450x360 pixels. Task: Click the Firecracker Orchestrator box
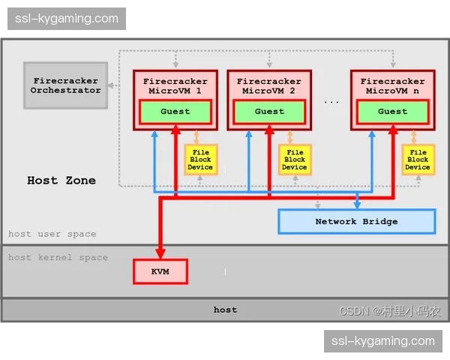coord(66,85)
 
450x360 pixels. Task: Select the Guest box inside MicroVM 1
coord(175,112)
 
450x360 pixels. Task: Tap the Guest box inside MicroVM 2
coord(269,112)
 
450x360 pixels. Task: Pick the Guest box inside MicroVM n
coord(392,112)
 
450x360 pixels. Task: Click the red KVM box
coord(160,271)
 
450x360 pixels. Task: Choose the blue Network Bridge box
coord(356,221)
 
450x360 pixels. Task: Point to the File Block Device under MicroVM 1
coord(200,160)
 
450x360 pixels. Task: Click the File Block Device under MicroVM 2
coord(295,160)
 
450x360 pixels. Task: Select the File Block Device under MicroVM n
coord(418,160)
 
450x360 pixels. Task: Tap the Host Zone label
coord(61,180)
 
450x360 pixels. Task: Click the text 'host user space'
coord(52,234)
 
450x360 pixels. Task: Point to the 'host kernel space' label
coord(58,257)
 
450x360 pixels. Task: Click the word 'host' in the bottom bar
coord(225,309)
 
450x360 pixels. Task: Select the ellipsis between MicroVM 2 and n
coord(331,100)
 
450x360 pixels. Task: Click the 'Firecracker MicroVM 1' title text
coord(175,85)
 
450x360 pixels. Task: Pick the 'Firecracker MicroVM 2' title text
coord(269,85)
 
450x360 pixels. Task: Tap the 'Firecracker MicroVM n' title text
coord(392,85)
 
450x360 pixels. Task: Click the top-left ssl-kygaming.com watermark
coord(66,18)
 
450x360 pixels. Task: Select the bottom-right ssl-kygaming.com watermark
coord(383,341)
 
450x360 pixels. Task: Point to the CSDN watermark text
coord(389,311)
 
